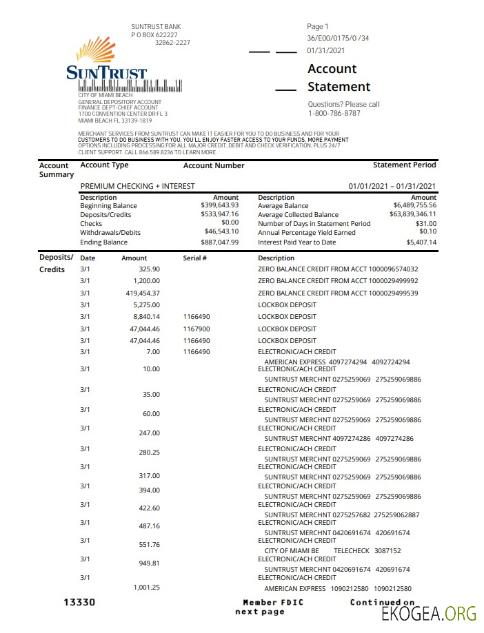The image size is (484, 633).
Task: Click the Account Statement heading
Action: tap(339, 78)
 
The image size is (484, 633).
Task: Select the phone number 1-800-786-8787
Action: tap(334, 113)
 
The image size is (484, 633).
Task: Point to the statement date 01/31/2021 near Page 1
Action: tap(326, 50)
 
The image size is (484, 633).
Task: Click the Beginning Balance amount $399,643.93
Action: tap(219, 205)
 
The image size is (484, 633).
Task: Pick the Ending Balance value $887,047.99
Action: tap(219, 242)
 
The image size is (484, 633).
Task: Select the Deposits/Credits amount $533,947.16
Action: tap(219, 214)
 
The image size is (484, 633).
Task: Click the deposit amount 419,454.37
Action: tap(143, 293)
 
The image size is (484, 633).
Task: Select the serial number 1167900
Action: tap(196, 329)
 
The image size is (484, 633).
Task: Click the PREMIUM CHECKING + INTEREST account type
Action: tap(137, 186)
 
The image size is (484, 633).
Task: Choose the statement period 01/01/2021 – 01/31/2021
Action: tap(392, 186)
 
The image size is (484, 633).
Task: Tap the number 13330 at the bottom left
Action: tap(79, 603)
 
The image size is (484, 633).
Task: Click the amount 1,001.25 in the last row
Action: tap(146, 587)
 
